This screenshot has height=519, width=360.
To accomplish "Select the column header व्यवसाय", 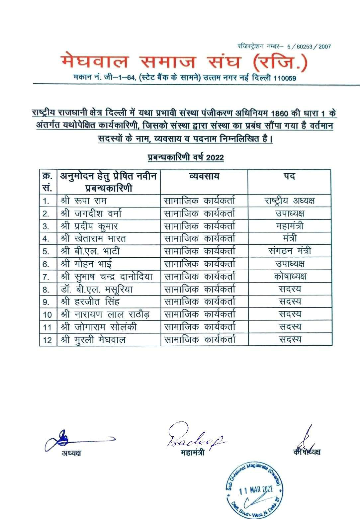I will click(x=204, y=176).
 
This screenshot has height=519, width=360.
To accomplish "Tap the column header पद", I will click(x=289, y=176).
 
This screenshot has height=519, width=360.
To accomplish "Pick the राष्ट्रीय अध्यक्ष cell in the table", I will click(x=289, y=201).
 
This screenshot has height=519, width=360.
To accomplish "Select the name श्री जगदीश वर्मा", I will click(x=91, y=214).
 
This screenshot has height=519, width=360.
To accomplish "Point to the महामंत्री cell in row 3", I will click(x=289, y=226).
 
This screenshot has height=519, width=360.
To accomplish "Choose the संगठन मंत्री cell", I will click(x=290, y=251).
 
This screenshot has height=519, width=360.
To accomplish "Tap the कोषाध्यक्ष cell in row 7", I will click(x=290, y=277).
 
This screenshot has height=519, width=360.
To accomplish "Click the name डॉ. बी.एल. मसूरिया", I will click(x=97, y=289).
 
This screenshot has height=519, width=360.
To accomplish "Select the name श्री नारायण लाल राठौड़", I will click(x=105, y=314).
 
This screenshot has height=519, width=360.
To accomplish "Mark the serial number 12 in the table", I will click(x=47, y=340).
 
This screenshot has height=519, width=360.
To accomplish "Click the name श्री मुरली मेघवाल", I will click(x=93, y=340).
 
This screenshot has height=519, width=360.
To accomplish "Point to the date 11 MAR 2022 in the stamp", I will click(x=256, y=489).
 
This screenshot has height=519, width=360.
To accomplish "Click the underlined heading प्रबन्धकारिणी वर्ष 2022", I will click(x=186, y=157).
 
